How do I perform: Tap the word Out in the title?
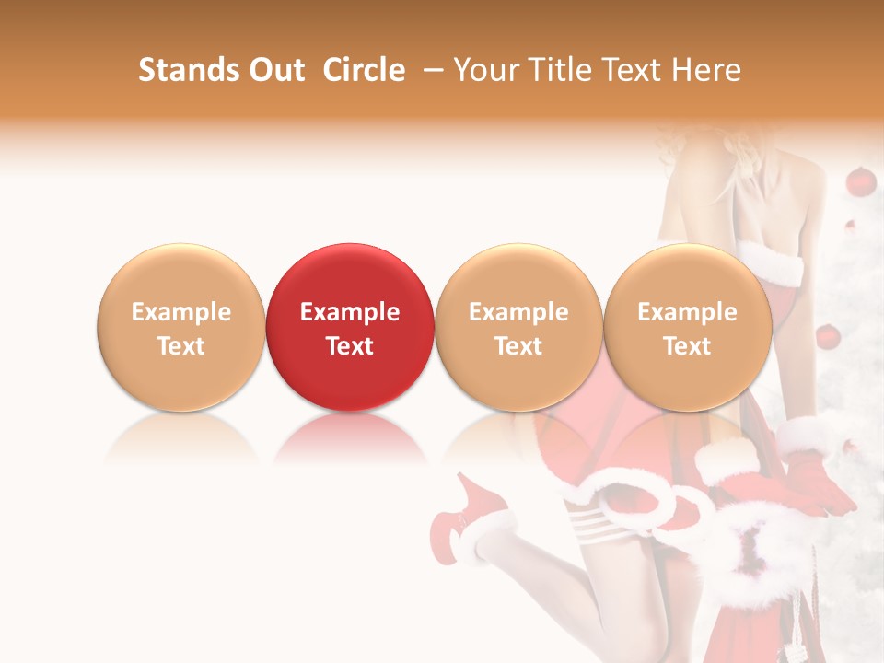point(275,70)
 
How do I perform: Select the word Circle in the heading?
point(364,70)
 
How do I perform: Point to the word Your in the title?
point(485,70)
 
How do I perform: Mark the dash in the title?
point(431,71)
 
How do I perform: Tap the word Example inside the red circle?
point(349,312)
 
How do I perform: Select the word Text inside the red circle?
point(349,346)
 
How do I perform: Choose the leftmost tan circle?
point(180,327)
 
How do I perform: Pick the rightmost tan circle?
point(687,327)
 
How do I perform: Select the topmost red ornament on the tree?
point(860,181)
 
